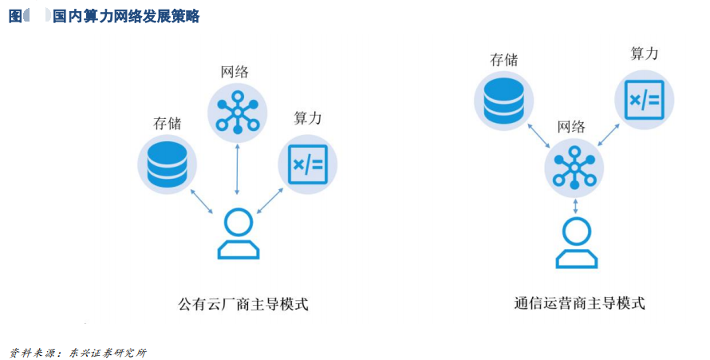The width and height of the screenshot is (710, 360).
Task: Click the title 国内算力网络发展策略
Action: pos(126,16)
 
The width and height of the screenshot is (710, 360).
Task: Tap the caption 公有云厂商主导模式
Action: pos(243,303)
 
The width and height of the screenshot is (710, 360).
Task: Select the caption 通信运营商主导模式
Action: pos(579,303)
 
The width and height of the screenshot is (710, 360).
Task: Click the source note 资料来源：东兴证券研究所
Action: pos(78,353)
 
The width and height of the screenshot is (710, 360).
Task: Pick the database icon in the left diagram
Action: pos(167,164)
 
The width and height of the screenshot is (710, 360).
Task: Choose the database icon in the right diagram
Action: pos(503,101)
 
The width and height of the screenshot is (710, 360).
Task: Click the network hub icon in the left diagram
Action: pos(237,113)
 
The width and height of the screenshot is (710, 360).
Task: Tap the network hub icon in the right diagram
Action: pos(574,168)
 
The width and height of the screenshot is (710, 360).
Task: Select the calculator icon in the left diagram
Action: pos(308,164)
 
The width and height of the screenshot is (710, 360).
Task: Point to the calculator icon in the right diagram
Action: pos(645,100)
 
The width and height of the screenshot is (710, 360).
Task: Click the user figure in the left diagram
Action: pos(239,234)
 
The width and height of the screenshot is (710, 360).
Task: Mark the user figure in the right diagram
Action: pos(577,243)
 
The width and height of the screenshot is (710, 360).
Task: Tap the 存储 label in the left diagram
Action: pos(167,123)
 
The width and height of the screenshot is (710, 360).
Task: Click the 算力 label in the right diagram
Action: pos(645,53)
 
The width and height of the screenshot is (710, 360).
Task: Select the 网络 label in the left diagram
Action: pos(235,72)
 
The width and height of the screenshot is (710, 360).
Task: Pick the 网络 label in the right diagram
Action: pos(571,127)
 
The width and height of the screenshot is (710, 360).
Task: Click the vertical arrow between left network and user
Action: pos(237,169)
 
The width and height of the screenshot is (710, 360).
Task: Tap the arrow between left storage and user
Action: pos(202,201)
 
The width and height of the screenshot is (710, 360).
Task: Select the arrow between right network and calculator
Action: pos(608,135)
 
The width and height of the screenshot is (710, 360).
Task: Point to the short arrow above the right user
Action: pos(575,206)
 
